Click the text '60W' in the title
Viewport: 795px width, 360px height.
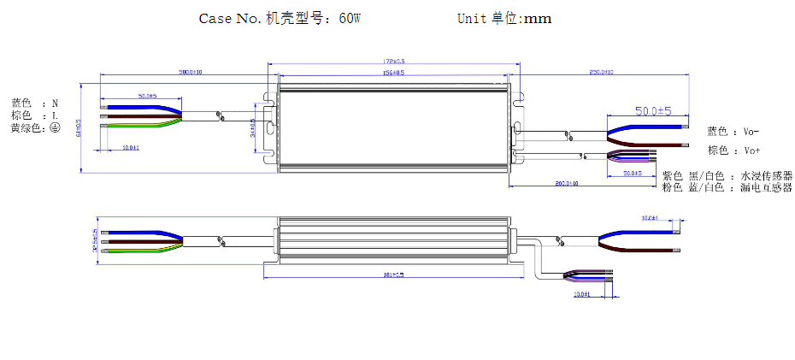click(x=350, y=18)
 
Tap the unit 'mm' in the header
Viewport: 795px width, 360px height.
click(x=537, y=18)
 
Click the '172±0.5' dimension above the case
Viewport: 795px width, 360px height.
click(x=394, y=62)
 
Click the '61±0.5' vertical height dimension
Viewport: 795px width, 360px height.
click(x=78, y=127)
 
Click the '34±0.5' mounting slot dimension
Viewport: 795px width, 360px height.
click(x=253, y=127)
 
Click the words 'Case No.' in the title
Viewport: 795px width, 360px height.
click(x=229, y=18)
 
